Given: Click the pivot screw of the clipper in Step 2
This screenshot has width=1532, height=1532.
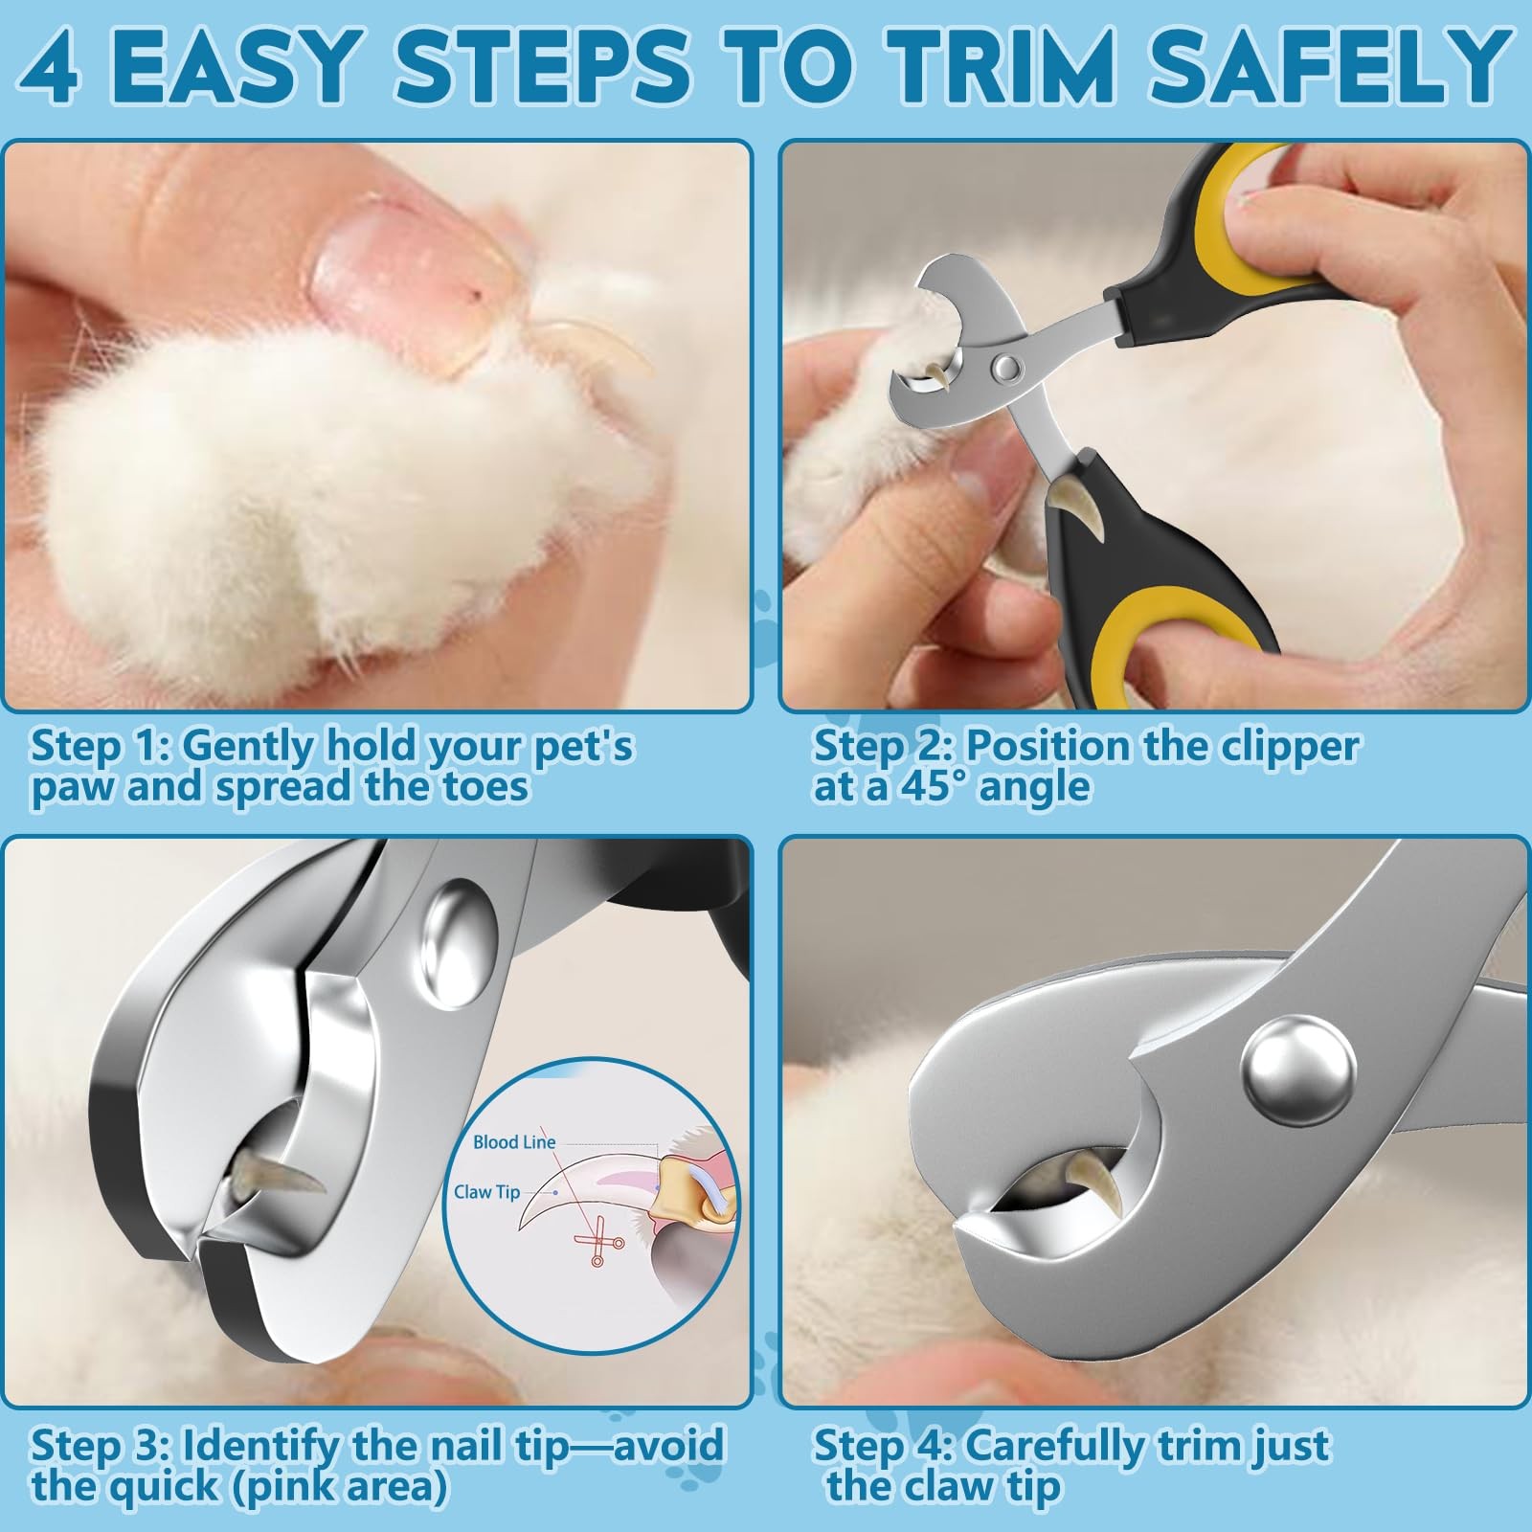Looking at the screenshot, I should (x=1004, y=364).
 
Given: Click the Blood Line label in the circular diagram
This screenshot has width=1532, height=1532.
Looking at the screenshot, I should (x=514, y=1141).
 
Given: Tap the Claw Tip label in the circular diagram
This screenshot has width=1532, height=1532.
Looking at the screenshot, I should (x=486, y=1191).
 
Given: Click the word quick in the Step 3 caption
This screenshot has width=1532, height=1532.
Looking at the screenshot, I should (x=163, y=1487).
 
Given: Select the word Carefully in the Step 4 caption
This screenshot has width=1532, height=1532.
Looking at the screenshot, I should (x=1068, y=1445).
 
